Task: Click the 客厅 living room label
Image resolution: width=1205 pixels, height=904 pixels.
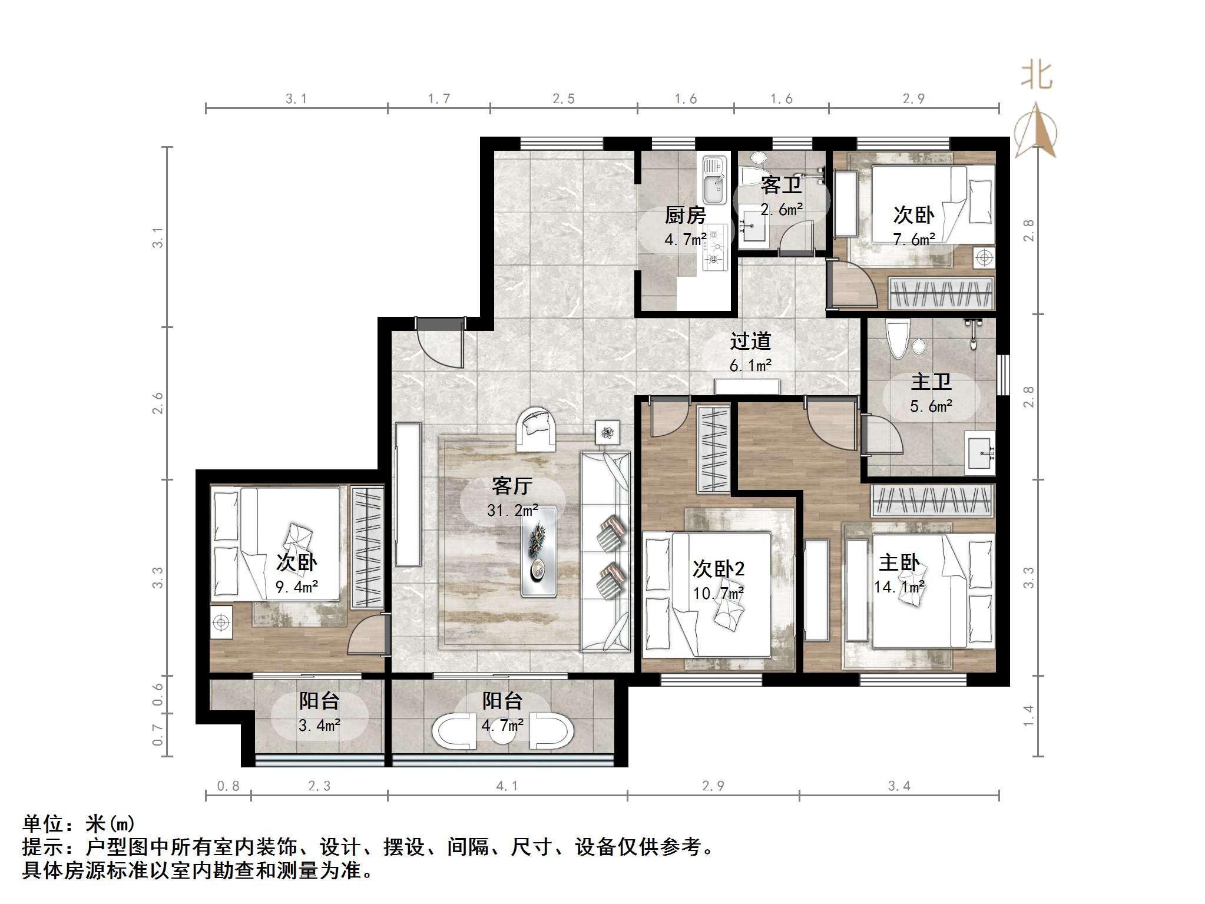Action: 512,486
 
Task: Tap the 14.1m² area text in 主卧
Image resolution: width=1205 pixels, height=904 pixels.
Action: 899,587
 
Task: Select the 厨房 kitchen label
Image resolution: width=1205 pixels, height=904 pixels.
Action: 685,216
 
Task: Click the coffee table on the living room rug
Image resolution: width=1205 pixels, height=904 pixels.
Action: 538,552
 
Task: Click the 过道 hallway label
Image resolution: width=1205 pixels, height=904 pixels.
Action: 750,341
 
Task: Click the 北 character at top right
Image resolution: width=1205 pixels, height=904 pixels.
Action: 1036,77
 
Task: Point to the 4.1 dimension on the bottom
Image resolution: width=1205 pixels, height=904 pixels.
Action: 507,786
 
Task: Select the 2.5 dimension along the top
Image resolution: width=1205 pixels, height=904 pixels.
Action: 563,99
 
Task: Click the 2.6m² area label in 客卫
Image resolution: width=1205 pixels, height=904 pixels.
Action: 781,210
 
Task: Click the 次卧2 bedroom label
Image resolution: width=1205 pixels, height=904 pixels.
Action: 718,569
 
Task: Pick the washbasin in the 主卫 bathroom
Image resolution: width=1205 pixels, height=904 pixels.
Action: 980,452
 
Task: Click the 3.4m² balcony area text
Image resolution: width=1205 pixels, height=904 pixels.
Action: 319,726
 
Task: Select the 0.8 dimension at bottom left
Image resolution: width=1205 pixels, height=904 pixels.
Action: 228,786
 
